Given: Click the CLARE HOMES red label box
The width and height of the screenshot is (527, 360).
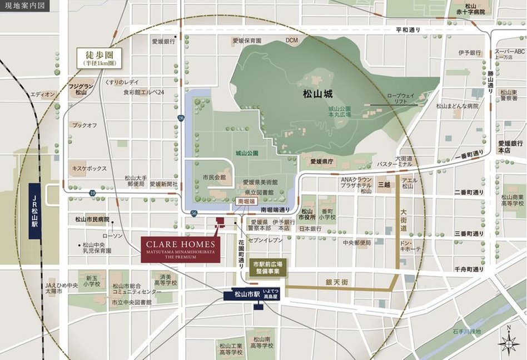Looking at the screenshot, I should (180, 249).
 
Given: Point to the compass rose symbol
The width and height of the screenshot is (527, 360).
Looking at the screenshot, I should (508, 343).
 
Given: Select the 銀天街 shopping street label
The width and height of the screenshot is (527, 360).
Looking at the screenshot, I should (337, 283).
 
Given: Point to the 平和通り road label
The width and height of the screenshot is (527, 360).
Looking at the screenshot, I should (409, 29).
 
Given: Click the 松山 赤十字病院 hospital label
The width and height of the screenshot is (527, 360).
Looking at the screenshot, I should (475, 8).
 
